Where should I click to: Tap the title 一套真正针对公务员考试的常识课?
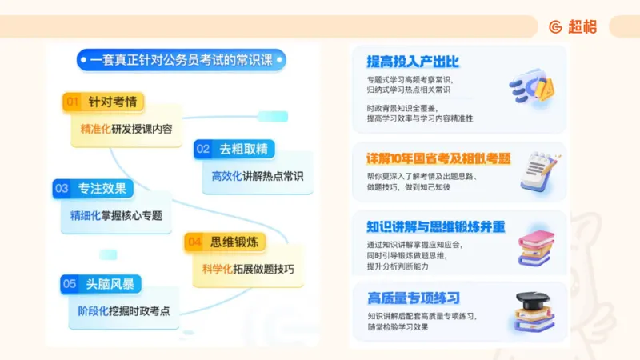(181, 60)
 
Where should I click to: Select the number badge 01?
(73, 102)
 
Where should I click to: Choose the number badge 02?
(203, 149)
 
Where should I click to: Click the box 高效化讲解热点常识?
(258, 176)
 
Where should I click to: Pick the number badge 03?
(62, 189)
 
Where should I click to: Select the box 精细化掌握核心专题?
(115, 215)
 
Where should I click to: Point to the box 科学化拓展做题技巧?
(248, 268)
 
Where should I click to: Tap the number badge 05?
(70, 283)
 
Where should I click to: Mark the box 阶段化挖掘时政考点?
(123, 311)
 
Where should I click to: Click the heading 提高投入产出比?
(413, 62)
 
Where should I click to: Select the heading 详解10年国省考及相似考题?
(438, 158)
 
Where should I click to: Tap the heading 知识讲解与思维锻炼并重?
(435, 226)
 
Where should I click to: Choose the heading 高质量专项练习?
(414, 298)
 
